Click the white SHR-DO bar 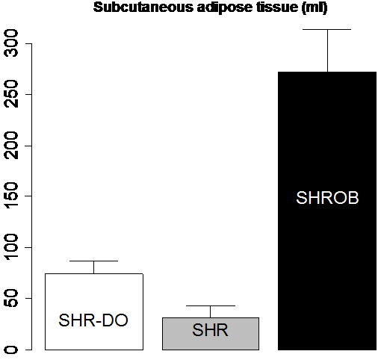(x=94, y=311)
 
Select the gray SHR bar (x=211, y=334)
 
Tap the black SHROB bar (x=327, y=211)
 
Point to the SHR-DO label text (x=93, y=320)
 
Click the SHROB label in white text (x=327, y=198)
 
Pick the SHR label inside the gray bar (x=210, y=330)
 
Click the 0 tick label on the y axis (x=11, y=350)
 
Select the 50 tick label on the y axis (x=11, y=298)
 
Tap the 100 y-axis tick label (x=11, y=247)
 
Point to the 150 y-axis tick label (x=11, y=196)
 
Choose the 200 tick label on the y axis (x=11, y=146)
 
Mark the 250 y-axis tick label (x=11, y=94)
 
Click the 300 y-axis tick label (x=11, y=43)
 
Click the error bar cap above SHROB (x=327, y=29)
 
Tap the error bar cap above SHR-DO (x=93, y=261)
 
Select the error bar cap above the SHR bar (x=211, y=305)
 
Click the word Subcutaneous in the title (x=143, y=7)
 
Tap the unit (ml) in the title (x=315, y=7)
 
